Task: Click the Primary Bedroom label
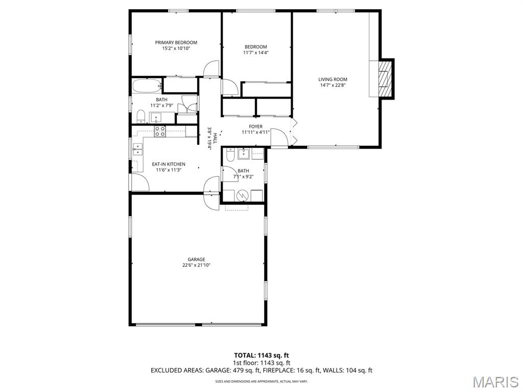176,43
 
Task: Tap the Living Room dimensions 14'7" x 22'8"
332,85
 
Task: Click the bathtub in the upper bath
147,86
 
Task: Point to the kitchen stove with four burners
160,132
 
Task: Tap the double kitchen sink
138,150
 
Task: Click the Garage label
196,259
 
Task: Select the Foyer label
255,127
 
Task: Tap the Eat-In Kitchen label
169,164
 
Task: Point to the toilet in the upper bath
141,116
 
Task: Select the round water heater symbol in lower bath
243,196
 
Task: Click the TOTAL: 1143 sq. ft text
261,355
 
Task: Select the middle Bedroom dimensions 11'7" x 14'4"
256,53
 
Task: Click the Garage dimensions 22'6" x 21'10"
196,265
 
